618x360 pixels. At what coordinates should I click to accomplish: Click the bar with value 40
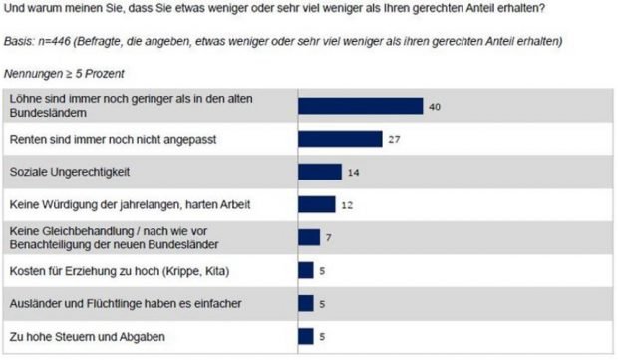pos(361,106)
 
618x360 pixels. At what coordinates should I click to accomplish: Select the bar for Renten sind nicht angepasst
pos(341,139)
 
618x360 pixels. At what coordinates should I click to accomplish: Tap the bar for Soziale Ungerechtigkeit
pos(321,172)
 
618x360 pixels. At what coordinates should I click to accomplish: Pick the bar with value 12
pos(318,204)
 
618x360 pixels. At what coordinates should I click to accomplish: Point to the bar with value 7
pos(310,237)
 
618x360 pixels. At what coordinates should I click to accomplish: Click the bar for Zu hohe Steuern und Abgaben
pos(307,335)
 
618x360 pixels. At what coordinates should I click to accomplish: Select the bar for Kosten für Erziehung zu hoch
pos(307,270)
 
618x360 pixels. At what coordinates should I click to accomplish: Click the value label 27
pos(394,139)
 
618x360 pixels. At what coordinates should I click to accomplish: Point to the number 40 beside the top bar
pos(435,106)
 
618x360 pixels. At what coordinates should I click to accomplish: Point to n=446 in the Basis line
pos(57,41)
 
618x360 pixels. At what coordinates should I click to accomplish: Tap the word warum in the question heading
pos(45,9)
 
